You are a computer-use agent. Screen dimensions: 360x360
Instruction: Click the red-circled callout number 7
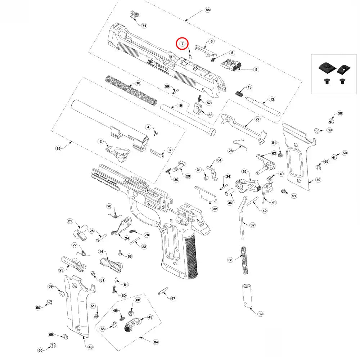(x=183, y=44)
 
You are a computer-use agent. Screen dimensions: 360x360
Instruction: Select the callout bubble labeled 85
(x=207, y=10)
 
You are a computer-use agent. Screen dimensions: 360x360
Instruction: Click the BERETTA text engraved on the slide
(x=158, y=64)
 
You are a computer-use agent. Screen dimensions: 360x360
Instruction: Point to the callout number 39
(x=260, y=314)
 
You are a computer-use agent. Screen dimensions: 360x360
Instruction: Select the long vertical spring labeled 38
(x=244, y=260)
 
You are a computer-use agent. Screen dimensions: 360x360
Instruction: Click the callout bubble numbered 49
(x=318, y=180)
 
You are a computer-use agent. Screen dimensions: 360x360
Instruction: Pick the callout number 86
(x=59, y=148)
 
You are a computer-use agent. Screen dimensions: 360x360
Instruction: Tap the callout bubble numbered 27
(x=257, y=119)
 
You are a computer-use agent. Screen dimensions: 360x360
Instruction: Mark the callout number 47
(x=173, y=298)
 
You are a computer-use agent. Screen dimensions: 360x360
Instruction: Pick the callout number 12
(x=272, y=99)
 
